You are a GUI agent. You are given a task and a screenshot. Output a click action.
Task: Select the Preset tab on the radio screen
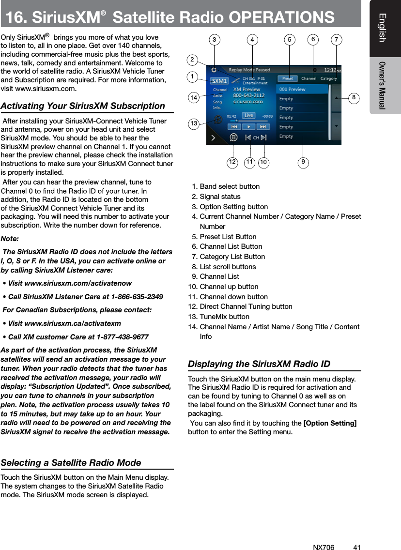[x=287, y=78]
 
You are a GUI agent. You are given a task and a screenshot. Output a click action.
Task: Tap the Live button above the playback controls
[x=249, y=115]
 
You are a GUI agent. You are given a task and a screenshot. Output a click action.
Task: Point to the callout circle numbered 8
[x=355, y=97]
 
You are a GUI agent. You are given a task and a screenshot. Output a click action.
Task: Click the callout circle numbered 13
[x=194, y=124]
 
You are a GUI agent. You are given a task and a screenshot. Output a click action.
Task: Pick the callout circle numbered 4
[x=252, y=39]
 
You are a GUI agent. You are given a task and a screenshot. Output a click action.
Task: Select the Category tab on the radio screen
[x=329, y=78]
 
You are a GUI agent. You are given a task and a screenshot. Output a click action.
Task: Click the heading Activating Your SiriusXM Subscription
[x=83, y=106]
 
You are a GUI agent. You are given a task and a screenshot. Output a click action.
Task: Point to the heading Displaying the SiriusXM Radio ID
[x=259, y=364]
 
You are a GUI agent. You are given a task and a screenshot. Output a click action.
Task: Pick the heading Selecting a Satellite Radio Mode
[x=71, y=462]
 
